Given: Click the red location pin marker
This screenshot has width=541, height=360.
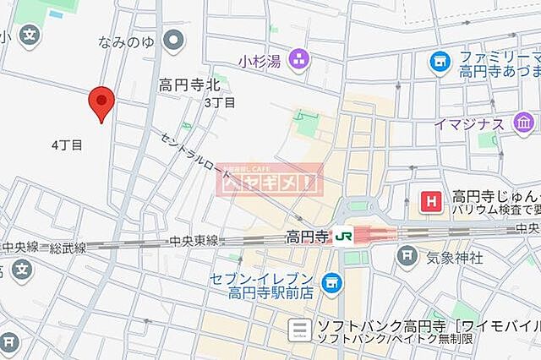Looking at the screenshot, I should [x=101, y=103].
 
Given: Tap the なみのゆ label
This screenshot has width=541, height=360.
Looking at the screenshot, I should [x=128, y=40].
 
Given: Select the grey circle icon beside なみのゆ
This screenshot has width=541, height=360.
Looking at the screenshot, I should [x=175, y=39].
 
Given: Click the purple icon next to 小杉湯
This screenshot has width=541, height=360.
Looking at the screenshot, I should [x=298, y=59].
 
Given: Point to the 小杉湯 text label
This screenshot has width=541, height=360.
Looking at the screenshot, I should [x=259, y=60].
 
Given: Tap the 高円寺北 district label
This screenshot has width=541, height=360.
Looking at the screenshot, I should [x=189, y=85].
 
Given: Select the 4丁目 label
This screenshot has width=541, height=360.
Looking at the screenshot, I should [x=67, y=145].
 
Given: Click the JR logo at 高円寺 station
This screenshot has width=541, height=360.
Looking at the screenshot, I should [x=344, y=236].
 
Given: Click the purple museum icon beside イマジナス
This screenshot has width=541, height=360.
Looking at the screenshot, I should [x=522, y=125].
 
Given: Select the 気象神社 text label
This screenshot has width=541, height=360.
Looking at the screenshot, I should [x=456, y=256].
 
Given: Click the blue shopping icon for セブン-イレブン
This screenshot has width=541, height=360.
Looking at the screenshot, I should [x=332, y=280].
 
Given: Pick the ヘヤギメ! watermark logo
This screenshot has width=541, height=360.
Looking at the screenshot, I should [x=270, y=180].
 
